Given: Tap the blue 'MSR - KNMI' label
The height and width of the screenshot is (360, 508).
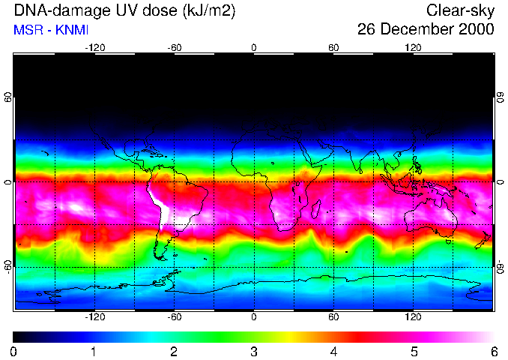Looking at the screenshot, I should click(x=52, y=30).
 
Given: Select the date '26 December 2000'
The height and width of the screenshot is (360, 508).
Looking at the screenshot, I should click(x=426, y=30).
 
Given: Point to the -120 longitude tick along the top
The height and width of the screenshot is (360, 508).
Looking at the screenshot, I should click(x=94, y=47).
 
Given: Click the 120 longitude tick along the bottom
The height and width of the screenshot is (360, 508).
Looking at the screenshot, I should click(x=413, y=316).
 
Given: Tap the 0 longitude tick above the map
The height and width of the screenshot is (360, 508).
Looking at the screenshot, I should click(x=254, y=47).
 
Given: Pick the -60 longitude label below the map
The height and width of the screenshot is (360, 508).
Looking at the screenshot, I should click(x=175, y=316).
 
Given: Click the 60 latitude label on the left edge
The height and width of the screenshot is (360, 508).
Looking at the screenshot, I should click(x=8, y=98).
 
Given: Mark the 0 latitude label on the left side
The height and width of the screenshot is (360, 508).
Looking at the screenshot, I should click(x=8, y=182).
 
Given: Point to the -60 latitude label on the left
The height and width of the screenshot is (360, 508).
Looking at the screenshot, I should click(x=8, y=266).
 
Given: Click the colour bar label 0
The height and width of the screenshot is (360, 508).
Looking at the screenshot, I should click(x=14, y=351).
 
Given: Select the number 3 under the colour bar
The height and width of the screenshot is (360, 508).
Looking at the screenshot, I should click(x=254, y=351).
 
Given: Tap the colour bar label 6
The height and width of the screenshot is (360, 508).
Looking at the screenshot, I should click(x=493, y=351).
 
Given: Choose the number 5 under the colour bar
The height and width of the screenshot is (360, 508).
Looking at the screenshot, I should click(x=414, y=351).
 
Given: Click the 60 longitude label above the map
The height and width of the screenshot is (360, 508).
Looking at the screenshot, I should click(x=333, y=47).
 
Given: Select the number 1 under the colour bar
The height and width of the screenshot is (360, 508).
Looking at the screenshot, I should click(x=94, y=351).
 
